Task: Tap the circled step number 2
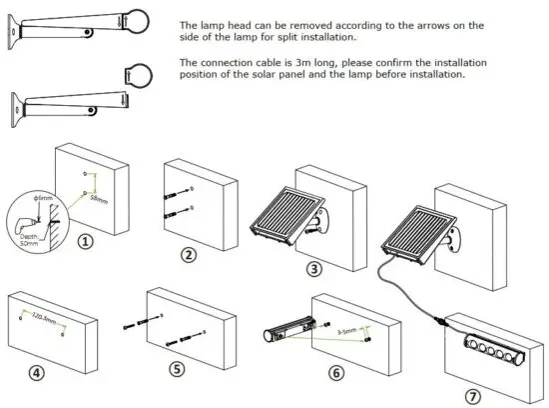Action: [188, 254]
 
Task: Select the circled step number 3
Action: [314, 267]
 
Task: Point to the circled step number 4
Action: [36, 373]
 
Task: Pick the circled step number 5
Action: [176, 369]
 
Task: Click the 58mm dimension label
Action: [99, 199]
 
